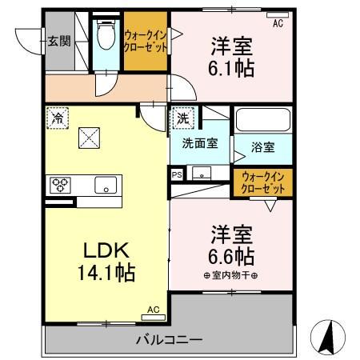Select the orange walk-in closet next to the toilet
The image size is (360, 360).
(145, 39)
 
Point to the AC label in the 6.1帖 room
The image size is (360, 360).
(278, 24)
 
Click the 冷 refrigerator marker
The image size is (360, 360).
(57, 116)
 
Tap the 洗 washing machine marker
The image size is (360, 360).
(183, 117)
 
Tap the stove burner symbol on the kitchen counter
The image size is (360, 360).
(62, 184)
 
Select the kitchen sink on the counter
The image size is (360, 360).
(105, 185)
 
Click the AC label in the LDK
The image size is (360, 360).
(153, 308)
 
